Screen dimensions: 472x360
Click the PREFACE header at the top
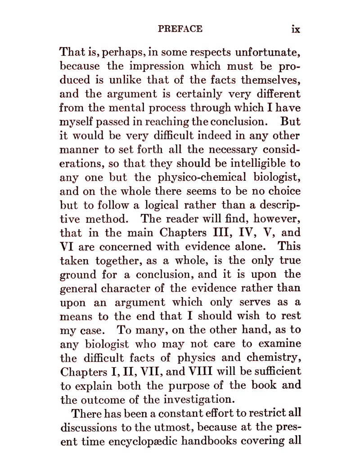click(x=180, y=29)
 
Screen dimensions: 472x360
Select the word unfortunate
click(x=263, y=52)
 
